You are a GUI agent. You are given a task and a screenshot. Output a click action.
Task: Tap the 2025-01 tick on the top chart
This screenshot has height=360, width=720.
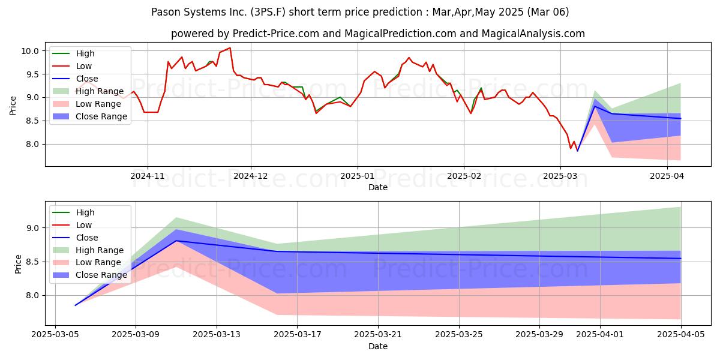[358, 176]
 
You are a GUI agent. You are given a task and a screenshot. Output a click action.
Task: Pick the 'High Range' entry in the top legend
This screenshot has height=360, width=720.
[98, 91]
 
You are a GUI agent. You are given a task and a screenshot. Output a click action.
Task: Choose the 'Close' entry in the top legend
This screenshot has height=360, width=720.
[87, 79]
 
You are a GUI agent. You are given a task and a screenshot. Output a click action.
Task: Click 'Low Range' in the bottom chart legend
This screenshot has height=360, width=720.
[97, 263]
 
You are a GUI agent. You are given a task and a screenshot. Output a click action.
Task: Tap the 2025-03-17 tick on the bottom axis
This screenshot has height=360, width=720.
[298, 335]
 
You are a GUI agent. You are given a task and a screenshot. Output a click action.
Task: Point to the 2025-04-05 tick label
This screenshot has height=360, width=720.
[681, 335]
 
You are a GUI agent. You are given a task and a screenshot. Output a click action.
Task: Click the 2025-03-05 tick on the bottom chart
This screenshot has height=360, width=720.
[55, 335]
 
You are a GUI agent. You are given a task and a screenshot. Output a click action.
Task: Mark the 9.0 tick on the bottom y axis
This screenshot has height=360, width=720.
[35, 228]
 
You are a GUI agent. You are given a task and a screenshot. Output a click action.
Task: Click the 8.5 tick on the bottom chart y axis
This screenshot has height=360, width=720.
[35, 262]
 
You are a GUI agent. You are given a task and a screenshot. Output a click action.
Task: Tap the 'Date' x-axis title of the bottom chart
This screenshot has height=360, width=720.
[378, 346]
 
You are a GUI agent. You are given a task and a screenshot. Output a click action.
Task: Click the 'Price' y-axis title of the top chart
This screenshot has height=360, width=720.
[13, 106]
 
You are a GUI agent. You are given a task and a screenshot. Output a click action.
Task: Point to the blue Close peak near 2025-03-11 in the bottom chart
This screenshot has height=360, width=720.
[176, 241]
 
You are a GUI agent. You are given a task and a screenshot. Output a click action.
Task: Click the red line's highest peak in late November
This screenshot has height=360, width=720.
[230, 47]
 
